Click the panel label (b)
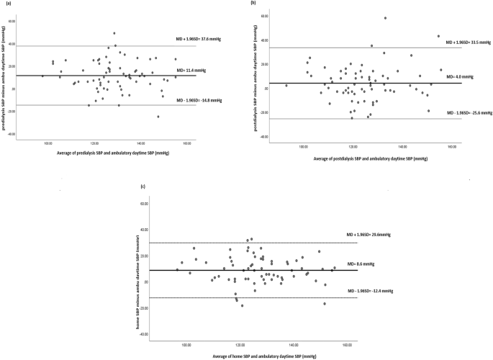click(253, 4)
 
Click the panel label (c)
click(144, 187)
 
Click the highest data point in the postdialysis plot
click(385, 18)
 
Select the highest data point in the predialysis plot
click(114, 33)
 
